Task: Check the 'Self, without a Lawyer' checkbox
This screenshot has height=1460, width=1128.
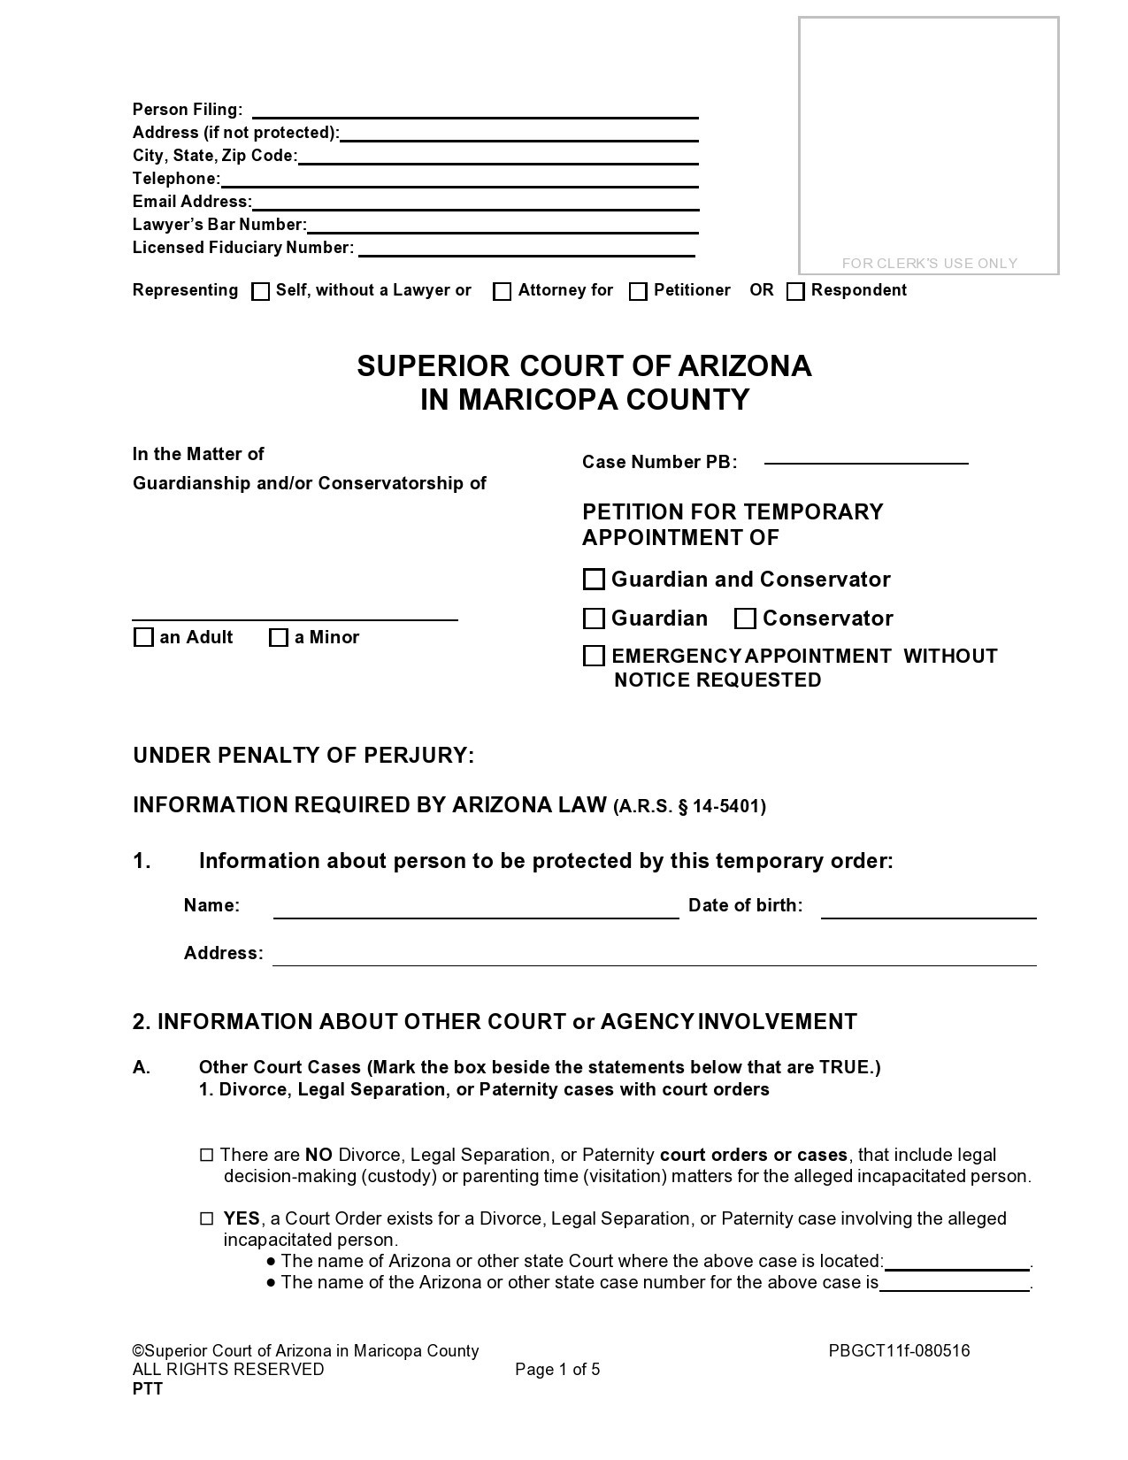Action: (x=260, y=292)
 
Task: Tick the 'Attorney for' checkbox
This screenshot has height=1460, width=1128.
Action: (x=502, y=292)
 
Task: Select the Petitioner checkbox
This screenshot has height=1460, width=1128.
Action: (x=638, y=292)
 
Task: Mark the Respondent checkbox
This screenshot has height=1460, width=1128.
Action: (x=795, y=292)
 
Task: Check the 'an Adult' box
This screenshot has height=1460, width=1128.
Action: (x=143, y=637)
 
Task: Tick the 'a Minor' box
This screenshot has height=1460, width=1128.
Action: (x=279, y=637)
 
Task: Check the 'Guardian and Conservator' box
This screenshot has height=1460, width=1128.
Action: (x=595, y=580)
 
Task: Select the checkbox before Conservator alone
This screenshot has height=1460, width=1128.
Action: (x=745, y=619)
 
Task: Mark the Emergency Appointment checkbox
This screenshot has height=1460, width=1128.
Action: (x=595, y=656)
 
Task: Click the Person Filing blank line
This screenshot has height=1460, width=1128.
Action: (x=475, y=111)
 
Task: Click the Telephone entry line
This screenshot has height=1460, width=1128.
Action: (x=459, y=181)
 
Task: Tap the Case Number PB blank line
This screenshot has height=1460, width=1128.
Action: (x=865, y=457)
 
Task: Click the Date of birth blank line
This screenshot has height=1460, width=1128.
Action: (x=928, y=912)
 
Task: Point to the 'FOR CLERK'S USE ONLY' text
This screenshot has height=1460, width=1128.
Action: (x=929, y=263)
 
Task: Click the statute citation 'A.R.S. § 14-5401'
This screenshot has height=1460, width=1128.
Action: (x=689, y=806)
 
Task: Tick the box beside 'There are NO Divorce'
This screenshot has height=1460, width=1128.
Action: (x=207, y=1155)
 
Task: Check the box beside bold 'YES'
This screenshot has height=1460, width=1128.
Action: (x=207, y=1218)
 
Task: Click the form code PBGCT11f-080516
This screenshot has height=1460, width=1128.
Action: (x=899, y=1350)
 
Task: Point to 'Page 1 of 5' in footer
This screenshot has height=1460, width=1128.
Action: (x=557, y=1370)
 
